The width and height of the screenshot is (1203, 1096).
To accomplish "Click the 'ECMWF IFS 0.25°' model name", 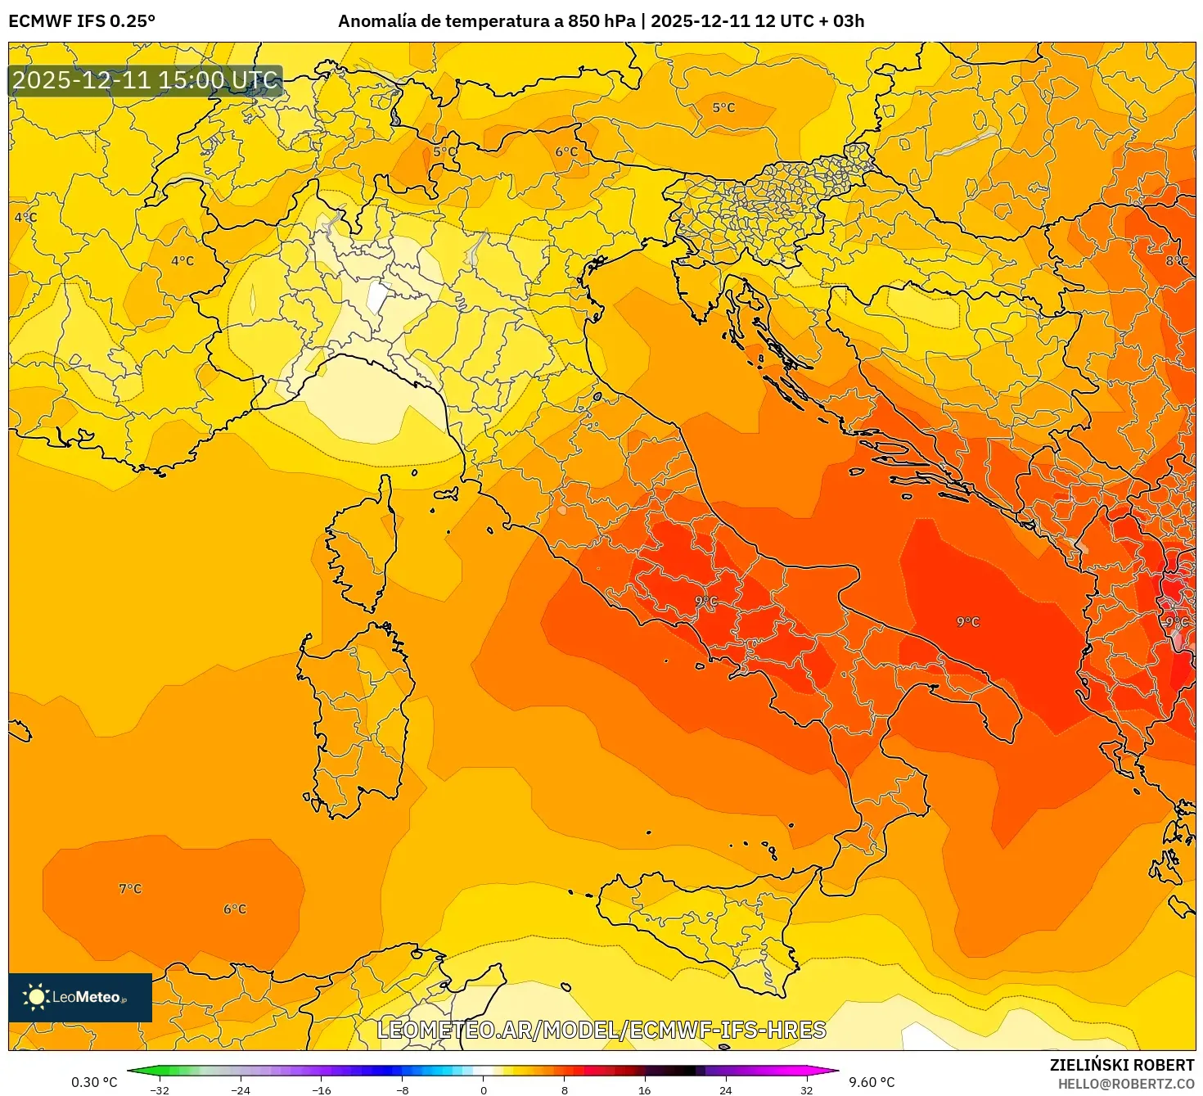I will coord(82,21).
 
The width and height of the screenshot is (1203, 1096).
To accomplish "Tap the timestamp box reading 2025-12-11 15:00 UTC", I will coord(145,80).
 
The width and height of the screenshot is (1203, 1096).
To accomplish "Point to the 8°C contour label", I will coord(1177,260).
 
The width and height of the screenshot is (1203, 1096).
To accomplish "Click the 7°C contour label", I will coord(130,889).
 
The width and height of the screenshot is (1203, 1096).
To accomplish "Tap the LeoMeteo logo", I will coord(80,997).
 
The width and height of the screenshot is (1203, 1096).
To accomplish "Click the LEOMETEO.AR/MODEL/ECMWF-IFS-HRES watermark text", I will coord(601,1030).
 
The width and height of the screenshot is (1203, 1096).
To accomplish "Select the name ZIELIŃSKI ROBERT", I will coord(1122,1065).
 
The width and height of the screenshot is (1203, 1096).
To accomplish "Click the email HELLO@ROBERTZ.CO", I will coord(1126,1083).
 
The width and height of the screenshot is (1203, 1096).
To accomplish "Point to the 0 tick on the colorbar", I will coord(484,1089).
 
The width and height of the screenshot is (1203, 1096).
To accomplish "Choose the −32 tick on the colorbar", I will coord(160,1089).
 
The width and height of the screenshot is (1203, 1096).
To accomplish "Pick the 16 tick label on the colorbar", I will coord(645,1089).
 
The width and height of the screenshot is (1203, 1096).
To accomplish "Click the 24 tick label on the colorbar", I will coord(726,1089).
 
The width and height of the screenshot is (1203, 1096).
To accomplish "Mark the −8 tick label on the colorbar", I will coord(403,1089).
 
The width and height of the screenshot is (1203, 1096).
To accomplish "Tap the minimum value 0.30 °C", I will coord(94,1082).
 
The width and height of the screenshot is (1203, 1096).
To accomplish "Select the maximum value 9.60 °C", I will coord(872,1082).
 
